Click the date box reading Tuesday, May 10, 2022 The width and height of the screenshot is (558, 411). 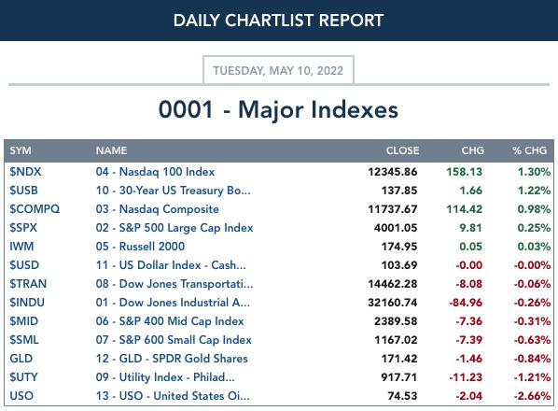pos(278,70)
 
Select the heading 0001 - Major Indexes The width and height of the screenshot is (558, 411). pos(278,109)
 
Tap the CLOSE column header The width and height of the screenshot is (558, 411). pos(402,150)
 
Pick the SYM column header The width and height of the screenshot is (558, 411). pos(21,150)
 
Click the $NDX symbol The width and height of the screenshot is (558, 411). pos(25,172)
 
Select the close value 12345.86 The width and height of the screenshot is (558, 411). pos(393,172)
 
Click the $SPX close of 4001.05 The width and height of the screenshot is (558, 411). pos(396,228)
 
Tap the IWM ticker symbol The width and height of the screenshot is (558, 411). pos(21,247)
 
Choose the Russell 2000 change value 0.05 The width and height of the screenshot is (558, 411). pos(471,247)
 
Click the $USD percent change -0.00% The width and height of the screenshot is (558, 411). pos(532,265)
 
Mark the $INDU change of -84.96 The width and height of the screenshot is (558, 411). pos(466,303)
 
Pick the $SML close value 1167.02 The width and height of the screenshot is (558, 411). pos(396,340)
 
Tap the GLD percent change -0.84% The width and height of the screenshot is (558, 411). pos(532,359)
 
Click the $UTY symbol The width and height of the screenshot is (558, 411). pos(23,377)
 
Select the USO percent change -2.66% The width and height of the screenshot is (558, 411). pos(532,396)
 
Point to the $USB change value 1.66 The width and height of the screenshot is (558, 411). pos(471,191)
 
